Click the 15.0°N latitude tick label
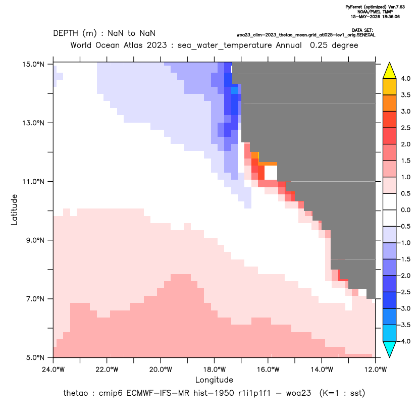33,65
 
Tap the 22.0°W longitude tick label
107,370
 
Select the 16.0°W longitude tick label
268,370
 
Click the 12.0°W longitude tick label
376,370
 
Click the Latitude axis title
14,209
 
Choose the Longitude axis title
214,380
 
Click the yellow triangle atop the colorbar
390,71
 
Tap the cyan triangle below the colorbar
390,349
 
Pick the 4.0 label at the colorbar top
405,79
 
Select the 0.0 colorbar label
405,210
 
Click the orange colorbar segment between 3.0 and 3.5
390,103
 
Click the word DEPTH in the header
66,33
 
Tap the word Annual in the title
289,45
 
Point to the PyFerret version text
375,7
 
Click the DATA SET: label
362,30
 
